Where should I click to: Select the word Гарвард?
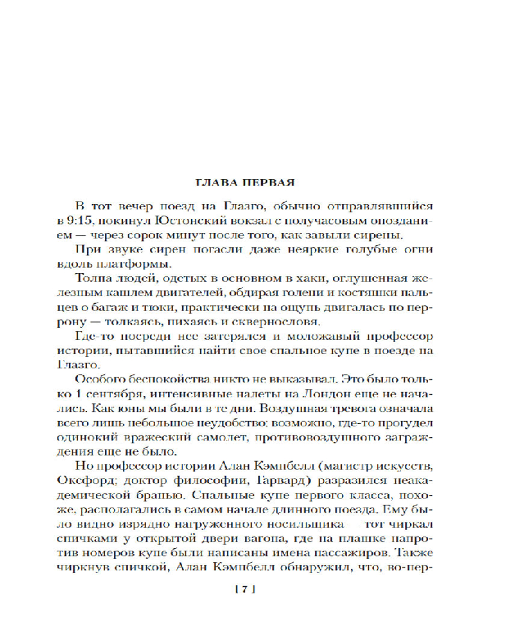258,479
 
